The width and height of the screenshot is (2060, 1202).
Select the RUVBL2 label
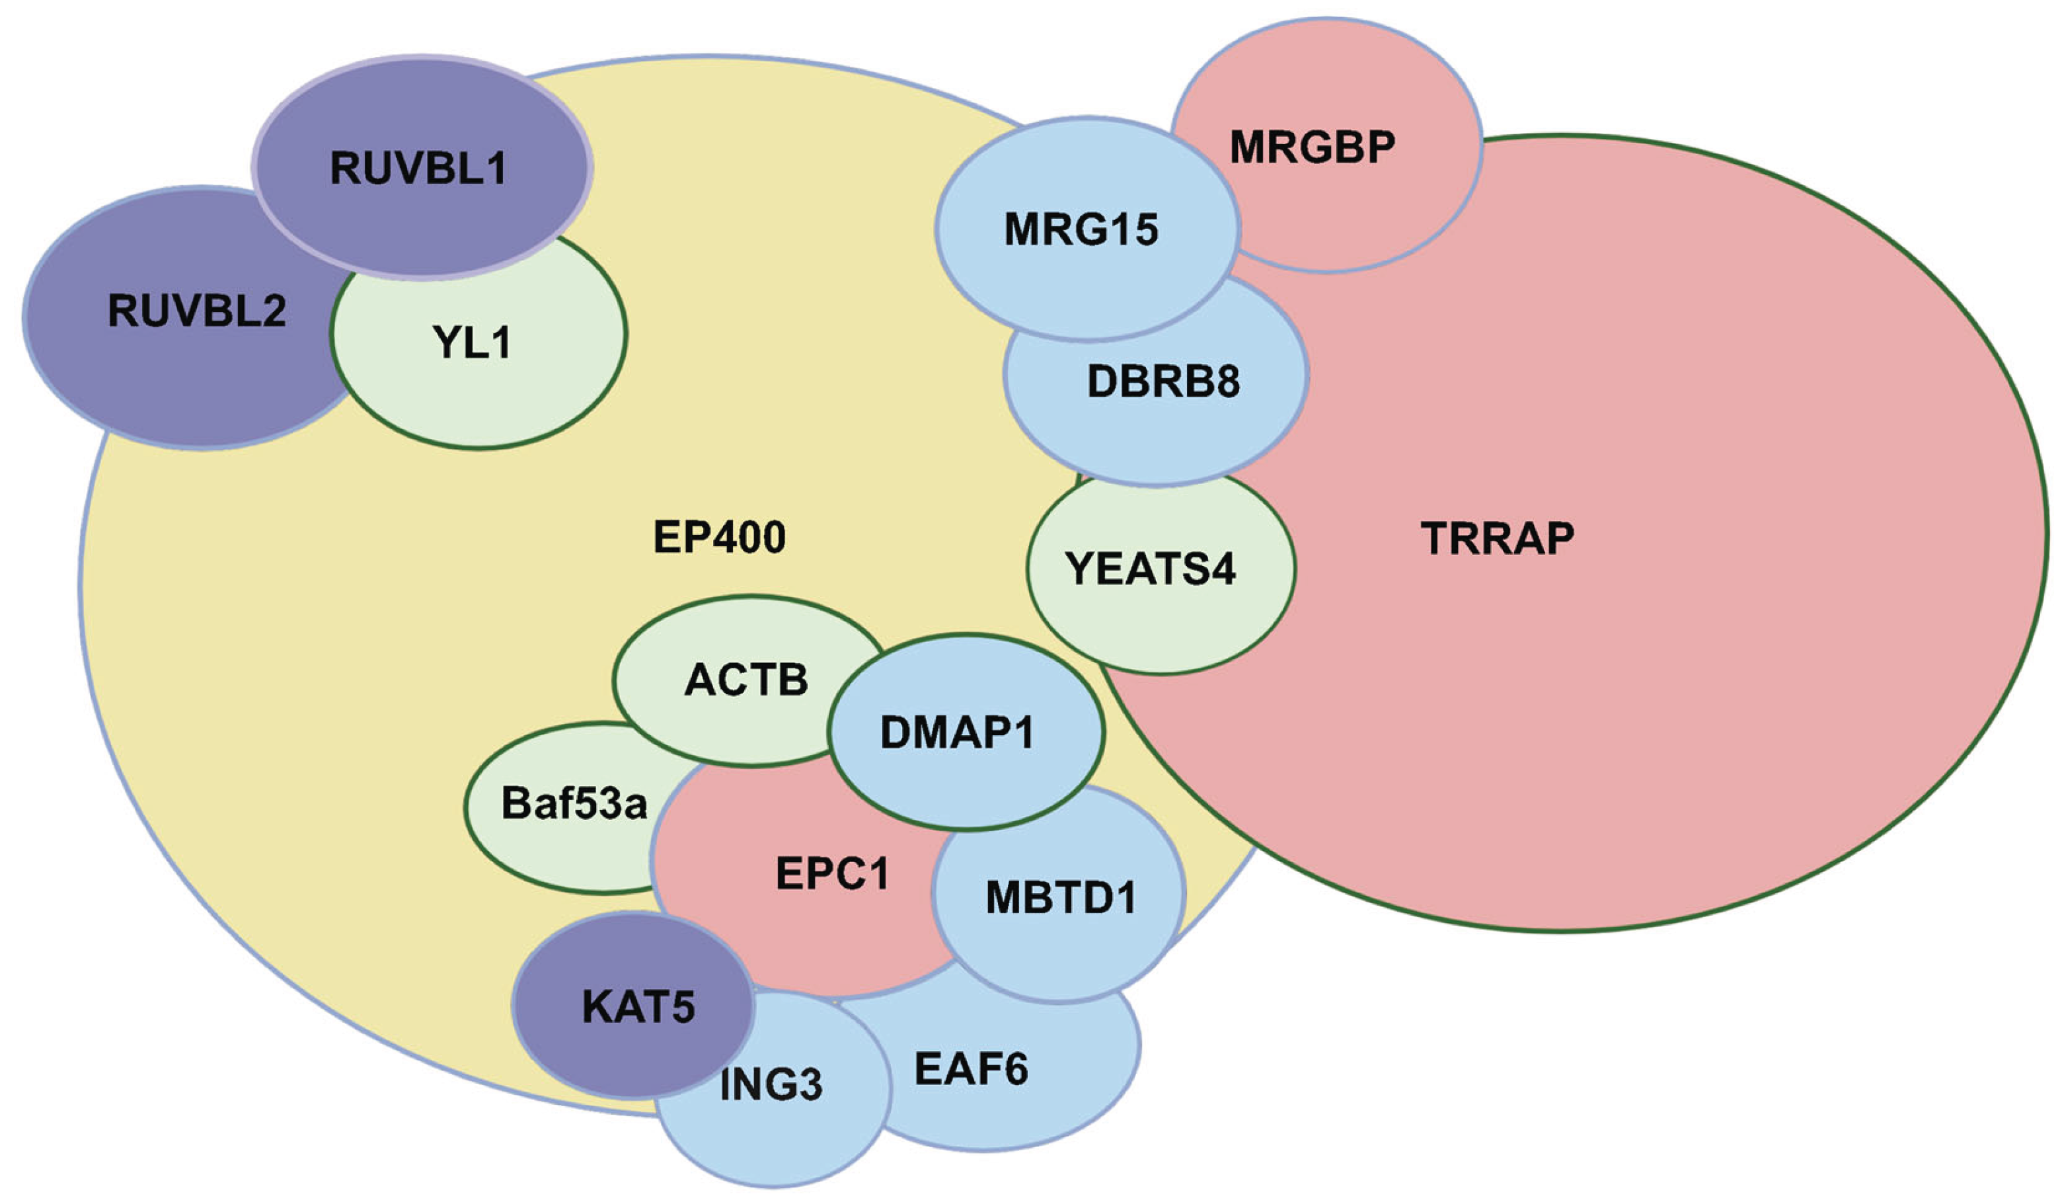coord(197,311)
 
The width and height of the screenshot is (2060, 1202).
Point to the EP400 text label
coord(719,538)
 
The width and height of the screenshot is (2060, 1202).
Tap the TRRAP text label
coord(1498,538)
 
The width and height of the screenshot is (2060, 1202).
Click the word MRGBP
coord(1312,147)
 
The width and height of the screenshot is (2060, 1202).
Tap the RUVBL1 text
coord(418,168)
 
